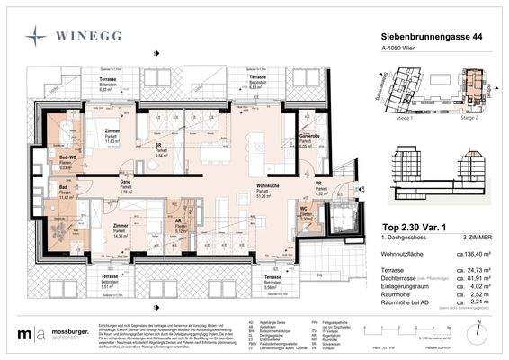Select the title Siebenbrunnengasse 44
(420, 35)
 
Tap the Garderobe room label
(311, 136)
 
